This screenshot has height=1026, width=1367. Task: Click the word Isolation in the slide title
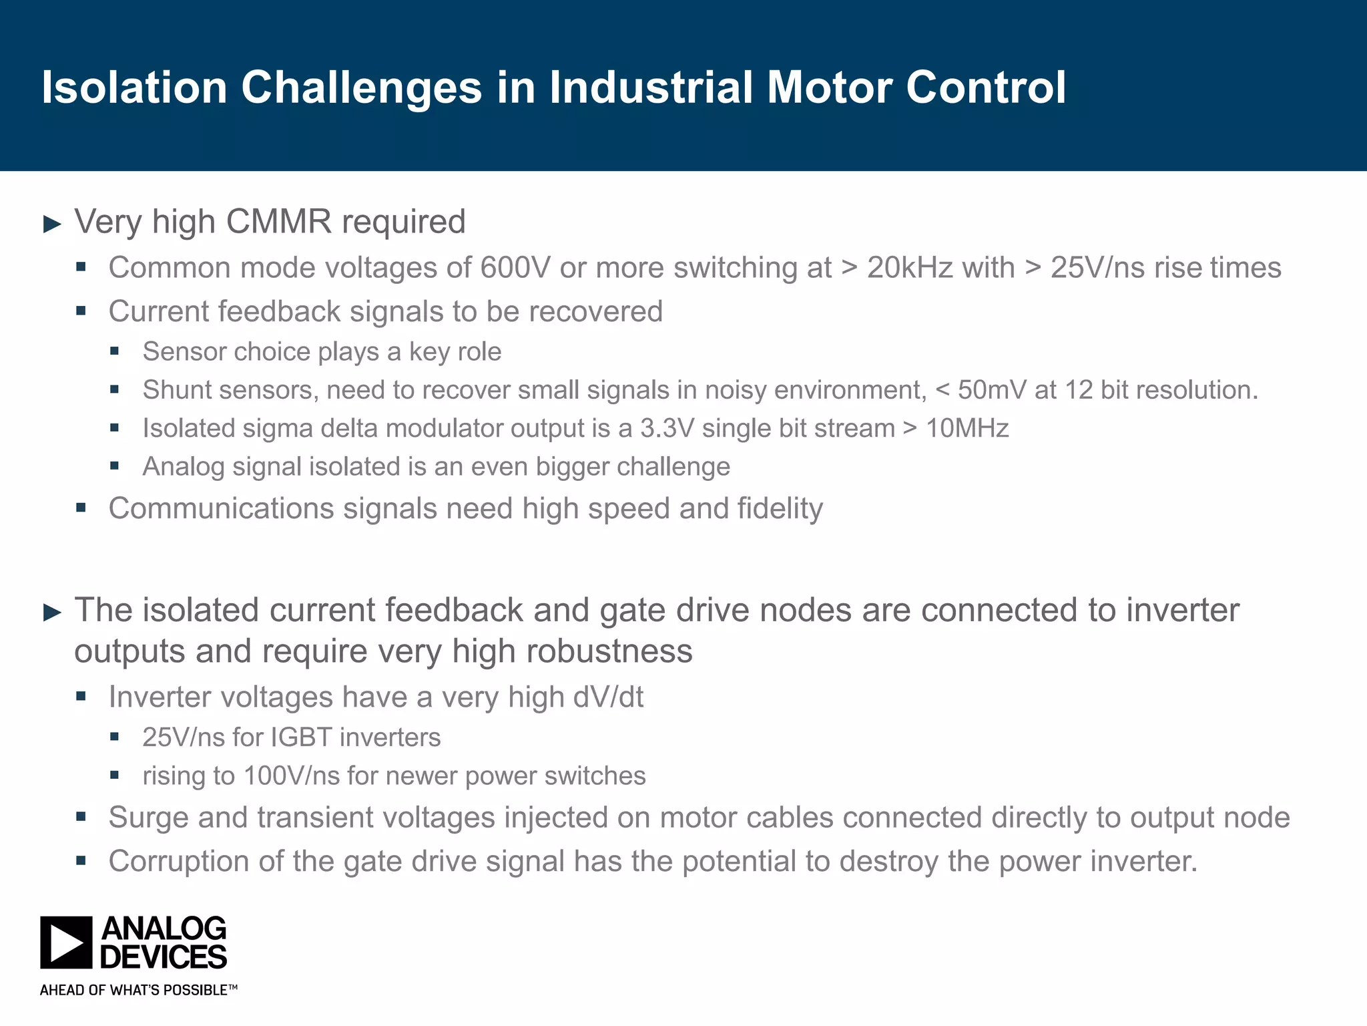(134, 88)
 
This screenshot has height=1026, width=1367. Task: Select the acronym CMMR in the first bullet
(278, 222)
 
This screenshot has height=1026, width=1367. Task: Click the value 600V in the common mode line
(515, 268)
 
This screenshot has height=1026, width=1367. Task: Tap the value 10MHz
(967, 428)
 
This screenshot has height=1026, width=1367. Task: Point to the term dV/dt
(607, 697)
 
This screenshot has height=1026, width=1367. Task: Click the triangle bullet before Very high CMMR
(52, 224)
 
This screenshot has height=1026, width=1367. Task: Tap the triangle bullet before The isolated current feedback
(52, 612)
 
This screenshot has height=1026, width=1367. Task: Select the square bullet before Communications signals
(81, 508)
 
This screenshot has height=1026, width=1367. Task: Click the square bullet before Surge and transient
(81, 817)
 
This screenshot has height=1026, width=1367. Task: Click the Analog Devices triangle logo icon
(65, 943)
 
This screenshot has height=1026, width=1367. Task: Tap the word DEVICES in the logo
(164, 957)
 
